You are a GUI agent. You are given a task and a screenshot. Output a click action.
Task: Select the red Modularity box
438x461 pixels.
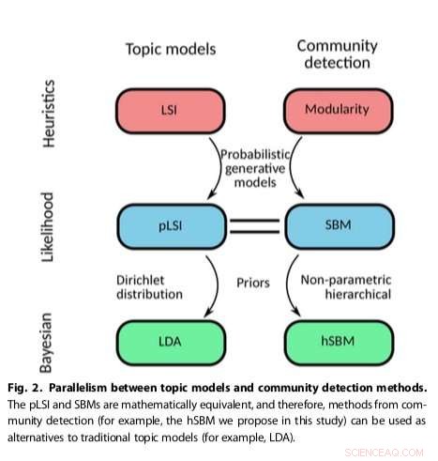pos(335,111)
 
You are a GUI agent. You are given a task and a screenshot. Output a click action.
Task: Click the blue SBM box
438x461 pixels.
pos(335,227)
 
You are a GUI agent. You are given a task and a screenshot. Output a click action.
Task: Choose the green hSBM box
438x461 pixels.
pos(335,338)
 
